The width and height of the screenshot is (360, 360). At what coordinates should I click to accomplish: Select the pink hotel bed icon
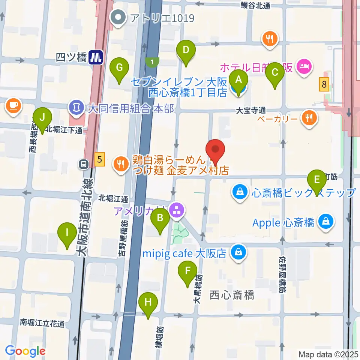pos(303,67)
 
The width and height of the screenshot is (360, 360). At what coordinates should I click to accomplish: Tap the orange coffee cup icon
pos(13,105)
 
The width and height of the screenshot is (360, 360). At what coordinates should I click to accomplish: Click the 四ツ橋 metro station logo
pos(96,57)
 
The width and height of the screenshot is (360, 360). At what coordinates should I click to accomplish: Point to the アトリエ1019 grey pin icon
pos(118,17)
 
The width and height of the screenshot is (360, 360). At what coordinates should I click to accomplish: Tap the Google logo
pos(25,351)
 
